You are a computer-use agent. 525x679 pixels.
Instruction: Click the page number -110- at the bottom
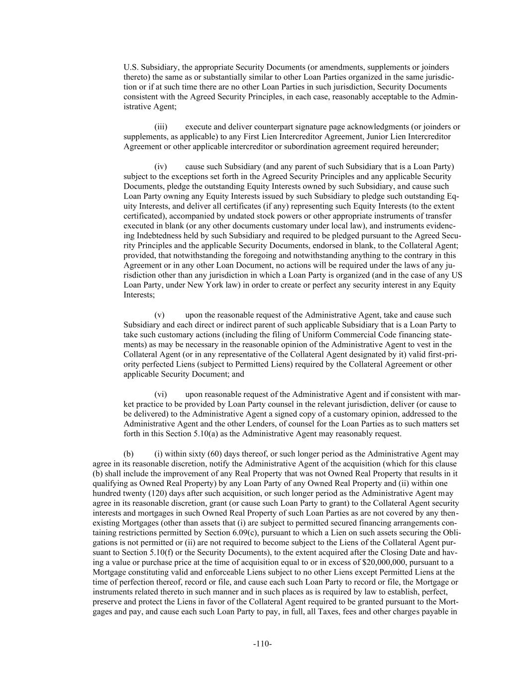262,644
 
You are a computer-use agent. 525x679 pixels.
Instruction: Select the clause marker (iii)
161,127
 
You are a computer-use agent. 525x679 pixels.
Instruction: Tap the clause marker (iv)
161,167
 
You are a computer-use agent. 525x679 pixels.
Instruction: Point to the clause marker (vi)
161,394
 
